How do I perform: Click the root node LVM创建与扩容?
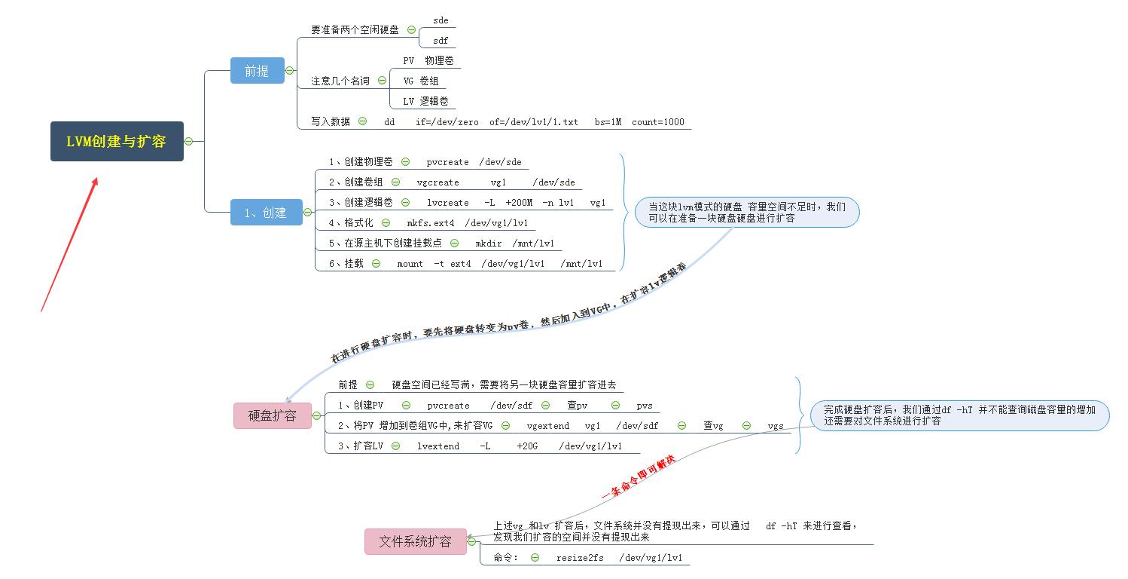point(117,141)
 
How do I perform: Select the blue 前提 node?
point(257,71)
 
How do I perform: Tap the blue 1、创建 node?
point(266,213)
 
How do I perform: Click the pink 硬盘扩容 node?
point(272,415)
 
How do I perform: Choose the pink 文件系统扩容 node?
point(415,541)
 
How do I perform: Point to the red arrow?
point(70,243)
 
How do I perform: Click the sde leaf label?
point(441,20)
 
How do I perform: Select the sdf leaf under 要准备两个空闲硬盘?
point(441,41)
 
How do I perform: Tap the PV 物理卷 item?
point(428,60)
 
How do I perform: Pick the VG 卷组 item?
point(421,81)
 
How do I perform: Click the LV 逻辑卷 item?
point(425,101)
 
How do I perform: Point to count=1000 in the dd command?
point(657,121)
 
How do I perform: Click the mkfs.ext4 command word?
point(431,222)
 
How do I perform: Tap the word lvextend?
point(438,446)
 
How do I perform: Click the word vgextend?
point(547,425)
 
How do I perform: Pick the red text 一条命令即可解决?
point(639,476)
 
